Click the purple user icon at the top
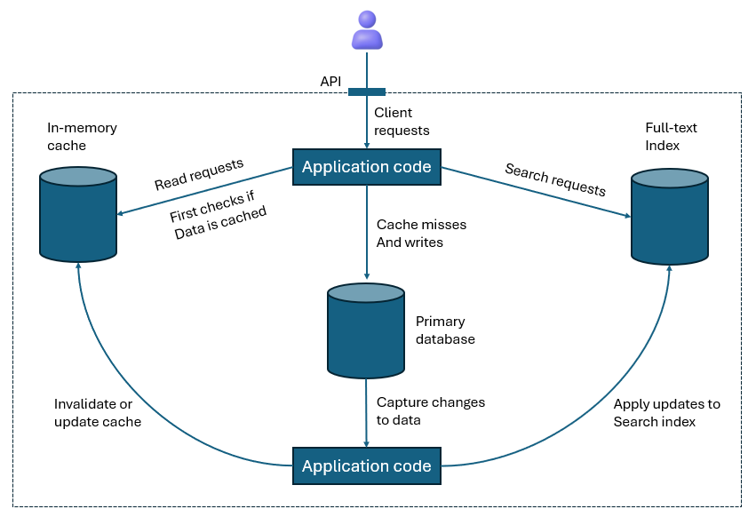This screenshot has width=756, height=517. pyautogui.click(x=367, y=29)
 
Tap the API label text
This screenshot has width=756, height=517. pyautogui.click(x=330, y=82)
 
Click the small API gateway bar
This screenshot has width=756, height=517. pyautogui.click(x=366, y=91)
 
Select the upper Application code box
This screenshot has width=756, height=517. pyautogui.click(x=366, y=167)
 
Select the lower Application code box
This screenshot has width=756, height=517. pyautogui.click(x=366, y=466)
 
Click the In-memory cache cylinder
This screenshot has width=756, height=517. pyautogui.click(x=78, y=216)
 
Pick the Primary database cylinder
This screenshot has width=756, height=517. pyautogui.click(x=366, y=330)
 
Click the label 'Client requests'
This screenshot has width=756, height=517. pyautogui.click(x=402, y=122)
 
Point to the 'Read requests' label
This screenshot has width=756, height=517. pyautogui.click(x=199, y=175)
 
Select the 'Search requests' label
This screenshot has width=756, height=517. pyautogui.click(x=555, y=179)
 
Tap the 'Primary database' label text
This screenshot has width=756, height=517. pyautogui.click(x=445, y=330)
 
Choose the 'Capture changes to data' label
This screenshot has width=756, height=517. pyautogui.click(x=431, y=411)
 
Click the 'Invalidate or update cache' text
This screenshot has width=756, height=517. pyautogui.click(x=98, y=413)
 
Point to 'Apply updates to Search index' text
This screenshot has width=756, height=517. pyautogui.click(x=666, y=413)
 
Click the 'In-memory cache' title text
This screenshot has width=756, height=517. pyautogui.click(x=82, y=136)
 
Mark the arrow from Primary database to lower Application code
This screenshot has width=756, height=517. pyautogui.click(x=366, y=412)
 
